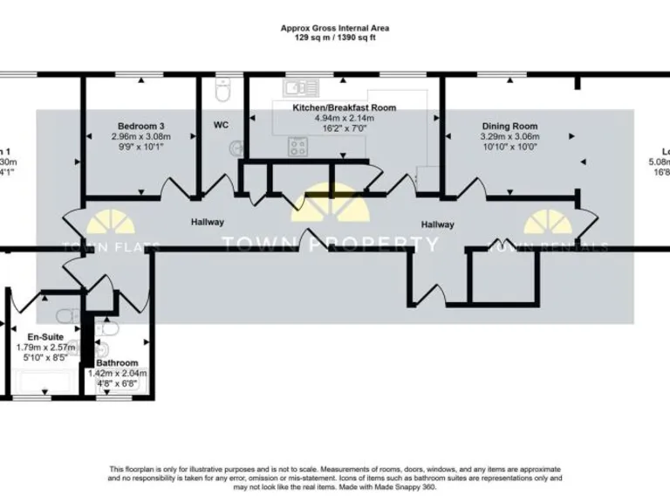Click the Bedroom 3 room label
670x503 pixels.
coord(140,125)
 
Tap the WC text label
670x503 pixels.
coord(221,125)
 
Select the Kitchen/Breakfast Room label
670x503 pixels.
coord(345,107)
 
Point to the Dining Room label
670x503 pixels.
coord(509,126)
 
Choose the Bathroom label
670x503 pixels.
coord(117,362)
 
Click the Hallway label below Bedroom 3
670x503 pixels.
coord(208,223)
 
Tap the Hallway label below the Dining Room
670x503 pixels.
coord(437,224)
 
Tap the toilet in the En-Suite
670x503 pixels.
coord(65,315)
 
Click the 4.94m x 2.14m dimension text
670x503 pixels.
coord(345,118)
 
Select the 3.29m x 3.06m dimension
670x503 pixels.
coord(509,136)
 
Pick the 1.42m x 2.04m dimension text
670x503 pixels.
coord(118,373)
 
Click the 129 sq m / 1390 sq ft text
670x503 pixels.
coord(334,38)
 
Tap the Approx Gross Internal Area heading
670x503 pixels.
coord(334,28)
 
